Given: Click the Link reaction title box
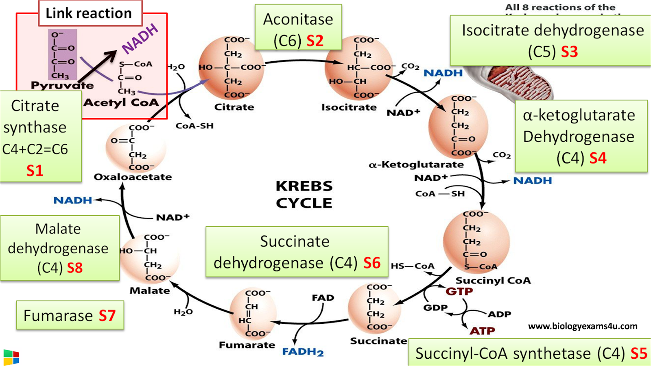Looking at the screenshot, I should (x=90, y=13).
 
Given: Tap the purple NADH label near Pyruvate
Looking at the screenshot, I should (x=140, y=39).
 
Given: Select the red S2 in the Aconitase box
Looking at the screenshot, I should (x=315, y=41).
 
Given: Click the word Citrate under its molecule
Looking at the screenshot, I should (x=234, y=107).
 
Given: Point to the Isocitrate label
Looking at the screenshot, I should (x=349, y=108).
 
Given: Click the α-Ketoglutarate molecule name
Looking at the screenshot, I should (x=416, y=165).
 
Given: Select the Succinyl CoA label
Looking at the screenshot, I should (x=493, y=281).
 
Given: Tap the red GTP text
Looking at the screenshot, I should (x=459, y=292).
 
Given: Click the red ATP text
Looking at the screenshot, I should (x=482, y=331).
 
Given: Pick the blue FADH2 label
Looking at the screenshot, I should (x=303, y=352).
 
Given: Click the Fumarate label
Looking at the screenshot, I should (x=247, y=345).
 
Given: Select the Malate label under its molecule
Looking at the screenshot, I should (x=149, y=291).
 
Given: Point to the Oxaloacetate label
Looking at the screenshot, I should (x=133, y=177).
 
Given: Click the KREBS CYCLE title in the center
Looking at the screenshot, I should (x=304, y=195).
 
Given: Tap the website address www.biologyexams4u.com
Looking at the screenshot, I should (x=583, y=326).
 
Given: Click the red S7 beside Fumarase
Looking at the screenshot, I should (x=107, y=316).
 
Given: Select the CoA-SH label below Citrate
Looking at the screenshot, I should (x=194, y=126).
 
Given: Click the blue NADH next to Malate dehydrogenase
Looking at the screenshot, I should (x=72, y=200).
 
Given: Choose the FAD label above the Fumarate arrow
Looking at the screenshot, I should (x=323, y=298).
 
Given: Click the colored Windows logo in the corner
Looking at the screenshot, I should (x=11, y=357).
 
